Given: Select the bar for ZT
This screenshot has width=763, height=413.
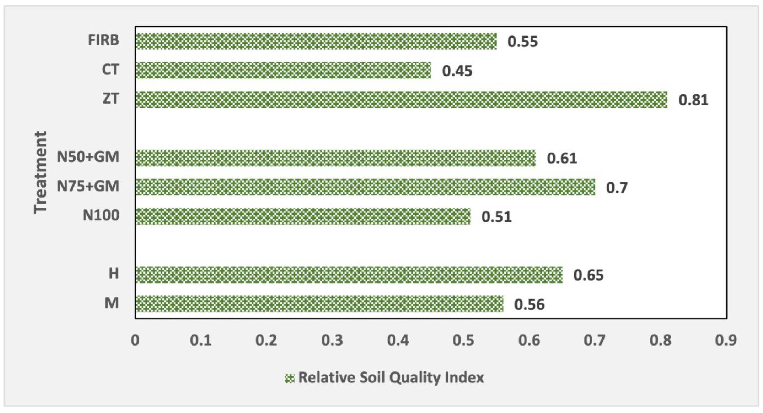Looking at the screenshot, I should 401,100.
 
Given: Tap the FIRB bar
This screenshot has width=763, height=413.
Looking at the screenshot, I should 316,41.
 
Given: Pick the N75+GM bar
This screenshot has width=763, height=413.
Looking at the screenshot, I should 365,187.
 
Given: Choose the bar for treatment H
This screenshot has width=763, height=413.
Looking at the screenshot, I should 349,274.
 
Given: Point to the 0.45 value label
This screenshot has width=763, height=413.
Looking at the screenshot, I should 457,71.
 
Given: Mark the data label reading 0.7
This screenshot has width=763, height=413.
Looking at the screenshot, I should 617,188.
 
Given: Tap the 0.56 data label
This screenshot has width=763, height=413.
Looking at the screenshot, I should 529,305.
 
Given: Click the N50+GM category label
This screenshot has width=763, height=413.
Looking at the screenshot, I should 88,157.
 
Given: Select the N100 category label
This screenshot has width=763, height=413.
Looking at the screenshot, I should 101,215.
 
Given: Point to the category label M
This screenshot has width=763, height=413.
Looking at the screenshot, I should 112,303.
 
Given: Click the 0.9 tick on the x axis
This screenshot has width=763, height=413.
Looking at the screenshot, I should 726,340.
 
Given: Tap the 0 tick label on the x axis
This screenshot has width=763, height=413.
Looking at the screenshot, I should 135,340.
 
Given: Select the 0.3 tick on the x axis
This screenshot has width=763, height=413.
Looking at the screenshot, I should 332,340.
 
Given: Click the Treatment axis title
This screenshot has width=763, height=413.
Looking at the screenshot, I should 40,172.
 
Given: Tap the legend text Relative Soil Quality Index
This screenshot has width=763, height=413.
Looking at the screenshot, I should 391,378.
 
